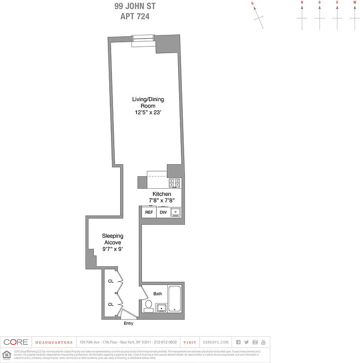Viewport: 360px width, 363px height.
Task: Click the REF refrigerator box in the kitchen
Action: [149, 212]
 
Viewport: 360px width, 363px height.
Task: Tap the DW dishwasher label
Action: [163, 212]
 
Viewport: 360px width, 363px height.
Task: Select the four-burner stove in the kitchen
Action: [175, 183]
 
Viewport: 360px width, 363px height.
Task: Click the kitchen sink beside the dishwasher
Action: [176, 212]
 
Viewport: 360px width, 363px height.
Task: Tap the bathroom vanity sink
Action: [161, 309]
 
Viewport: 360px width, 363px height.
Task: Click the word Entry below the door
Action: [129, 324]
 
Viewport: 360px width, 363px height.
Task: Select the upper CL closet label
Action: [111, 281]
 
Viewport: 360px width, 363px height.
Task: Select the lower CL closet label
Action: [111, 304]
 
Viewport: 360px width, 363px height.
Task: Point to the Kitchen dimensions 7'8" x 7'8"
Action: [161, 200]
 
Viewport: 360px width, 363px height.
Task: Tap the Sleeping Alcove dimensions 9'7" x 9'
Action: [112, 249]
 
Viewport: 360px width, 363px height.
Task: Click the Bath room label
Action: [157, 294]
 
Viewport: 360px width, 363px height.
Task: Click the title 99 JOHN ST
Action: [135, 7]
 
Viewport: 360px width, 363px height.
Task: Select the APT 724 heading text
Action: [135, 16]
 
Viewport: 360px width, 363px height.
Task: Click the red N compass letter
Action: [302, 2]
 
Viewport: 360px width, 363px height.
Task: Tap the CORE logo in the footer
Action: [16, 342]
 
